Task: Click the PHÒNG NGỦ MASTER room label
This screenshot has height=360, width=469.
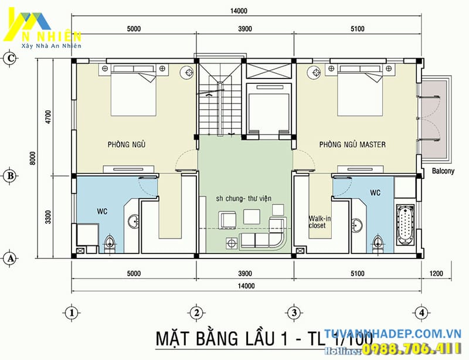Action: tap(352, 144)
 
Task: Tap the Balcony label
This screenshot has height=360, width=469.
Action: tap(444, 171)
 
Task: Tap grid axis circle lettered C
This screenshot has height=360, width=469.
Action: tap(10, 58)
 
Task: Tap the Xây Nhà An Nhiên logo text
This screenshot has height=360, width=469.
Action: tap(42, 45)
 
